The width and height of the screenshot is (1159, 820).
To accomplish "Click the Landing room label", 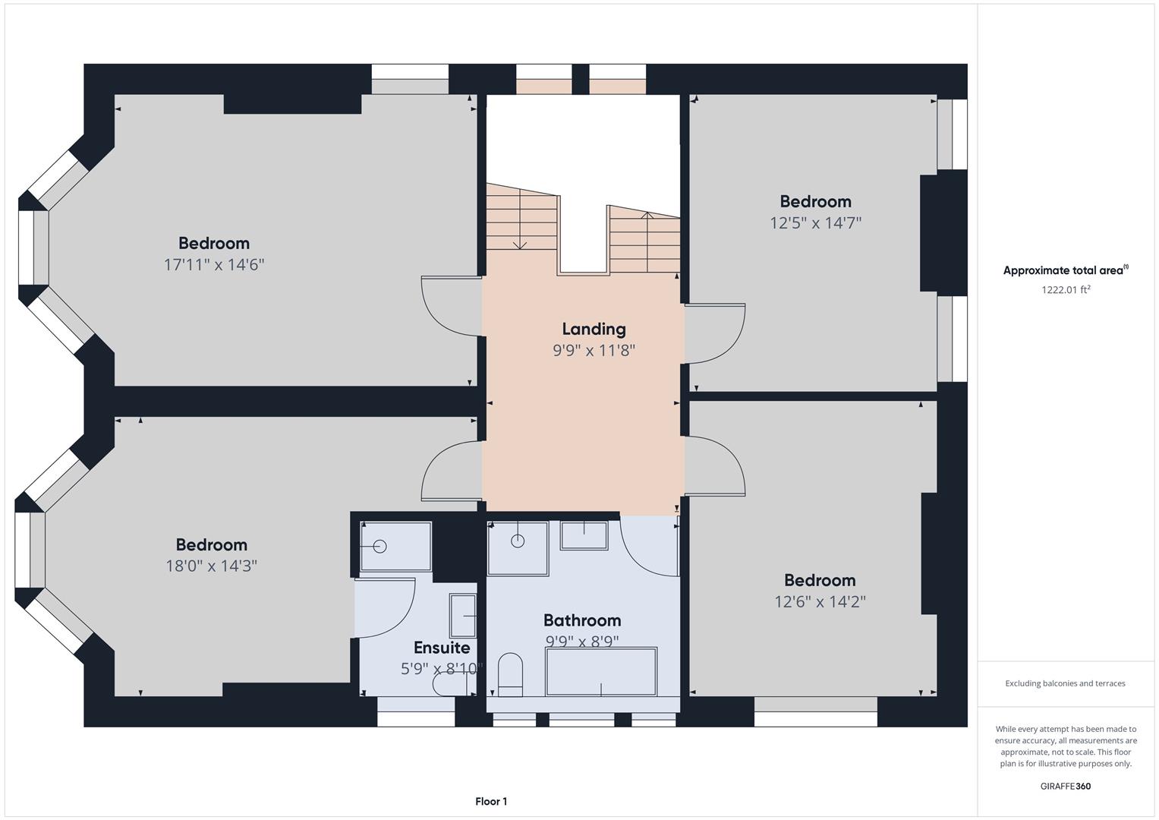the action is tap(594, 330).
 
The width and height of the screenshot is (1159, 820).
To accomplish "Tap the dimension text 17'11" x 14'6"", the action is tap(214, 265).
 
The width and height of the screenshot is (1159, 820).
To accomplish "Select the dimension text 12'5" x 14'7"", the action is tap(815, 223).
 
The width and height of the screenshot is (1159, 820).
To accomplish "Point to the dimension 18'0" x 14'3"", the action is tap(211, 566).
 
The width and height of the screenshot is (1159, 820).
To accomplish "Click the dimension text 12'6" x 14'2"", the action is tap(820, 601).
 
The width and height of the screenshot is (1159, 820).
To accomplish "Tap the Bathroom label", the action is tap(582, 620).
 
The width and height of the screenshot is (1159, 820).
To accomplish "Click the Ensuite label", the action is tap(442, 648).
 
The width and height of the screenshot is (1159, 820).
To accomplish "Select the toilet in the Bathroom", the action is tap(510, 674).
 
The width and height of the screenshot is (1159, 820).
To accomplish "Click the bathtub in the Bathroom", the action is tap(601, 671).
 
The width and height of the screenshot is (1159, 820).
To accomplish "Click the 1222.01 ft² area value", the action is tap(1066, 289).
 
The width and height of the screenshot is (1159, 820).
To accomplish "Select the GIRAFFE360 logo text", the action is tap(1066, 787).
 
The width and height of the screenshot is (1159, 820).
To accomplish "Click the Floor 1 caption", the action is tap(491, 801).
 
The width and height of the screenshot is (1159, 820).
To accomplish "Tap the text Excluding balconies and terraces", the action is tap(1065, 683).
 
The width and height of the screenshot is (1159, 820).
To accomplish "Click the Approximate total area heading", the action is tap(1066, 270).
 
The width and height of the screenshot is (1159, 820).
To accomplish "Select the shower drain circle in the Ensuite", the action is tap(380, 547).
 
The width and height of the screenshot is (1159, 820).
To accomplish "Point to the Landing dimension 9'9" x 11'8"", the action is tap(594, 351).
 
